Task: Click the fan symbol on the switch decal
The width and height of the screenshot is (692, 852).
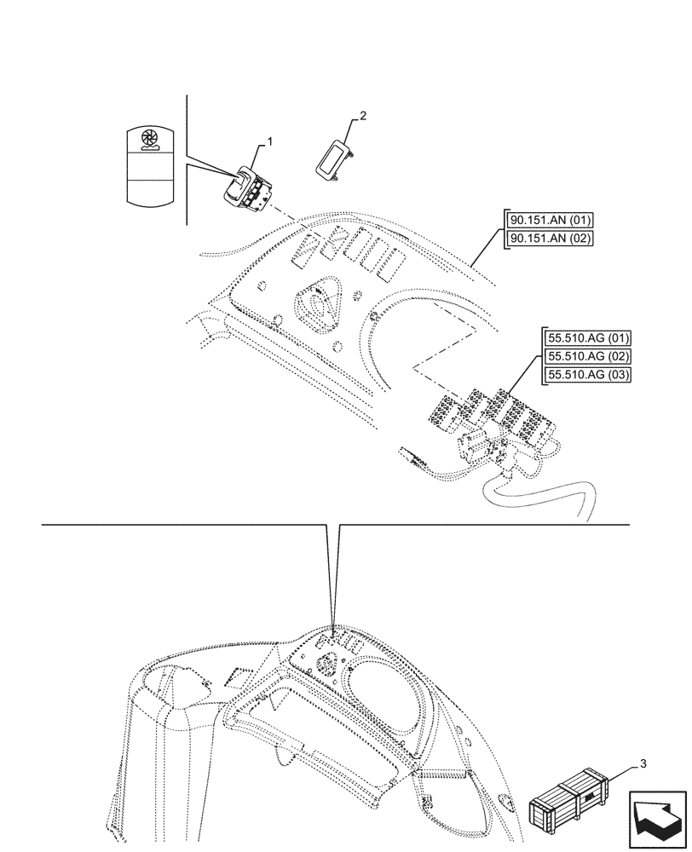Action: pos(149,139)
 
